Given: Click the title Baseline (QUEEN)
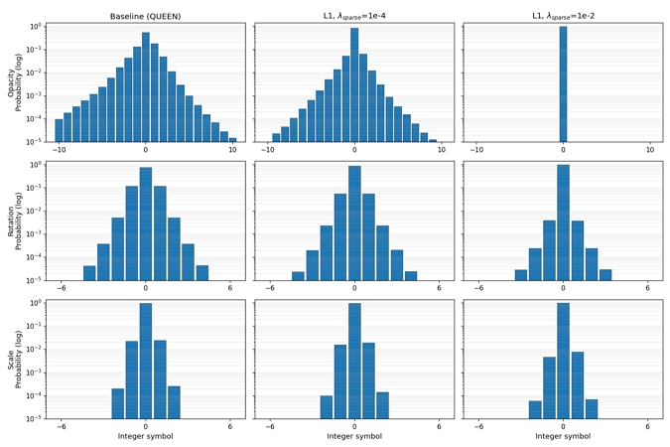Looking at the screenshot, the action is (x=145, y=16).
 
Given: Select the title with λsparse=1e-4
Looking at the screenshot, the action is (x=354, y=16).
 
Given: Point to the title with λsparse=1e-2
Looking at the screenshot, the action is (x=563, y=16).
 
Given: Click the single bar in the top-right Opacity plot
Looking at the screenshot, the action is (x=563, y=83).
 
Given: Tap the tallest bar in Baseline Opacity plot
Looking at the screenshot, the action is (x=146, y=86).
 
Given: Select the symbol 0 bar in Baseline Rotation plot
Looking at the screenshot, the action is (x=146, y=223).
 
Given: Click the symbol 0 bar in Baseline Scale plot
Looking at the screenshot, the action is (x=146, y=361).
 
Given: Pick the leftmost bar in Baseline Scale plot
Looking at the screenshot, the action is (x=118, y=403).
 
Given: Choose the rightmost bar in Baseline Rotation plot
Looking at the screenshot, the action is (x=202, y=273).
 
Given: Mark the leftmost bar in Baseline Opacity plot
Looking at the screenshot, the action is (x=59, y=130).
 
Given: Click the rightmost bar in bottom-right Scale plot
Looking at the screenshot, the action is (x=592, y=409).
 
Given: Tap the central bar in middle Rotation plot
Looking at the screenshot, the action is (x=354, y=223).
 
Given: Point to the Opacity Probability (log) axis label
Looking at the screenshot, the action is (x=15, y=82).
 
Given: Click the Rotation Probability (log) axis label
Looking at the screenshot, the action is (x=15, y=222).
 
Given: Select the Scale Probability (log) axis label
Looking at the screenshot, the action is (x=15, y=360).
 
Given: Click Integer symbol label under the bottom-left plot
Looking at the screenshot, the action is (x=145, y=436).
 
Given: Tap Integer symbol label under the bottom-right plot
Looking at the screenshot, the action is (x=563, y=436).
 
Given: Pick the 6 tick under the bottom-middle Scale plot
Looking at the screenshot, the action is (x=439, y=426).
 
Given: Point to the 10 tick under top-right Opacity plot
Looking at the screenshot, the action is (x=650, y=150).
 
